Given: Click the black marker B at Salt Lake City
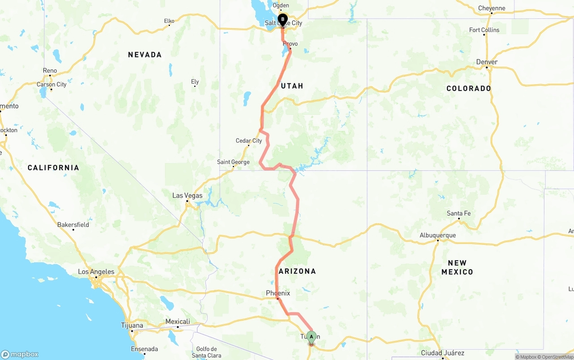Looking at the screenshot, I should pos(283,20).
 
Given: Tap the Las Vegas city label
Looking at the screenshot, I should pos(187,195).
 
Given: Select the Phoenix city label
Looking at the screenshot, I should pos(278,293).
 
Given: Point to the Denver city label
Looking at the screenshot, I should pos(487,62).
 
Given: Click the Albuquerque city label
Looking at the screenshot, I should pos(438,235).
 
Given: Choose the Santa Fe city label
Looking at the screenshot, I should pos(459,213).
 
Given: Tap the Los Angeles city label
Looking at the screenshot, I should pos(96,272).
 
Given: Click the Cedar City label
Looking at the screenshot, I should pos(249,141).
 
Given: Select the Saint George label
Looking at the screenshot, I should pos(233,162).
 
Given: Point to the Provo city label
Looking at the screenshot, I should pos(290,44).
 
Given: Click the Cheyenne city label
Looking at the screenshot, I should pos(491,8).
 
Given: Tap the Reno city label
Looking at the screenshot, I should pos(50,70).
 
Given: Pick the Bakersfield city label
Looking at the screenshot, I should pos(73,225).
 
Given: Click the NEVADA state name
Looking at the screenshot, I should pos(144,55).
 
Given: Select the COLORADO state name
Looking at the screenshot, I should pos(469,88).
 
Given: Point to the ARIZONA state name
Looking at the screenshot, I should pos(297,271).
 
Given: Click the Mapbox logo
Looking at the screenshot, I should pos(20,354).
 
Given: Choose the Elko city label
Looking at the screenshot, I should pos(169,21).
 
